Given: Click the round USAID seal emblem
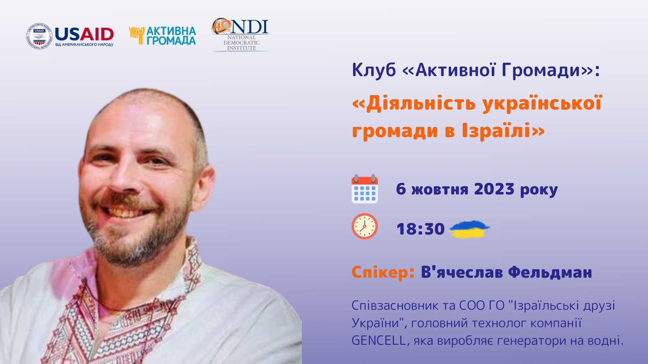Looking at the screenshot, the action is tap(39, 36).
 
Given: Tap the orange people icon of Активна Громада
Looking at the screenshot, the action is tap(137, 35).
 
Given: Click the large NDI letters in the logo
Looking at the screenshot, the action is tap(249, 27).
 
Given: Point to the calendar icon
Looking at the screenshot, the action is tap(364, 189).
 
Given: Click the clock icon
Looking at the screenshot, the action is tap(364, 226).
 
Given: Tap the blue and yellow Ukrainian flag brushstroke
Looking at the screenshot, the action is tap(469, 229).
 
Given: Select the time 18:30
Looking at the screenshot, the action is tap(421, 229).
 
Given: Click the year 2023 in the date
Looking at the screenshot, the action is tap(494, 189).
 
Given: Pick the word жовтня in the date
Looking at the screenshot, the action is tap(440, 190).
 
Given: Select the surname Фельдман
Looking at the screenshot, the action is tap(550, 272).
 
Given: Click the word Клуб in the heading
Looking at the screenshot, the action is tap(374, 70).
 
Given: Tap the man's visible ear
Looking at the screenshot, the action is tap(207, 182).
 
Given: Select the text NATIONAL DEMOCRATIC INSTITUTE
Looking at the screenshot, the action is tap(242, 43).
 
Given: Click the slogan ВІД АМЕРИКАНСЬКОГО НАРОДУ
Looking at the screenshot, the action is tap(84, 45).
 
